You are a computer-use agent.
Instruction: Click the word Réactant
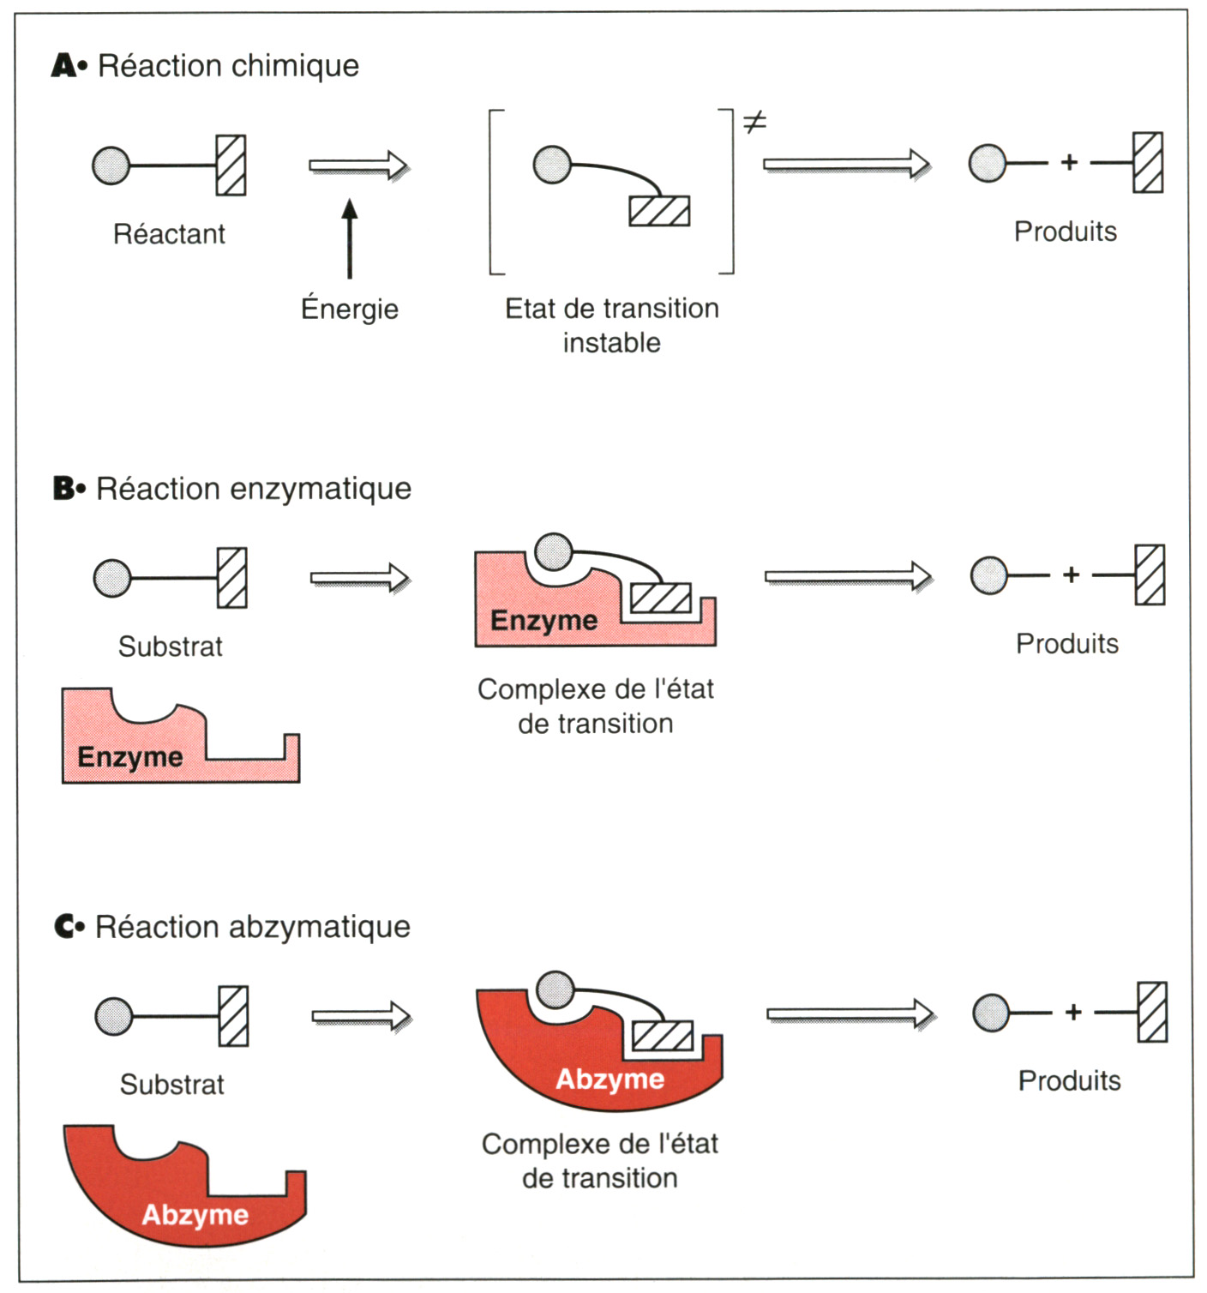169,234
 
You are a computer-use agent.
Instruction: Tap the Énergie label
350,309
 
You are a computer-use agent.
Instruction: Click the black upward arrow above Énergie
350,239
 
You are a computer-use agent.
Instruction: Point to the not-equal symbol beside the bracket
754,123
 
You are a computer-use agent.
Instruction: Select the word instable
611,343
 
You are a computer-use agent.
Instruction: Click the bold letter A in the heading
63,66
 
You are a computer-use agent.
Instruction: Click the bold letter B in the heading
64,489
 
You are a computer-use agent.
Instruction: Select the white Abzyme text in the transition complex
610,1079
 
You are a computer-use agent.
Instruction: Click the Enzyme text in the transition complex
543,620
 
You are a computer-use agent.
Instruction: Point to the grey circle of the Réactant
111,165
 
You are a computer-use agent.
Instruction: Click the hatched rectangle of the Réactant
231,165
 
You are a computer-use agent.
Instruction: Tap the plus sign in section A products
1069,162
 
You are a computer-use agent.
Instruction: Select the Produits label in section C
1069,1080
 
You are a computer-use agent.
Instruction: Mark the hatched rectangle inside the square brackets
659,211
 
